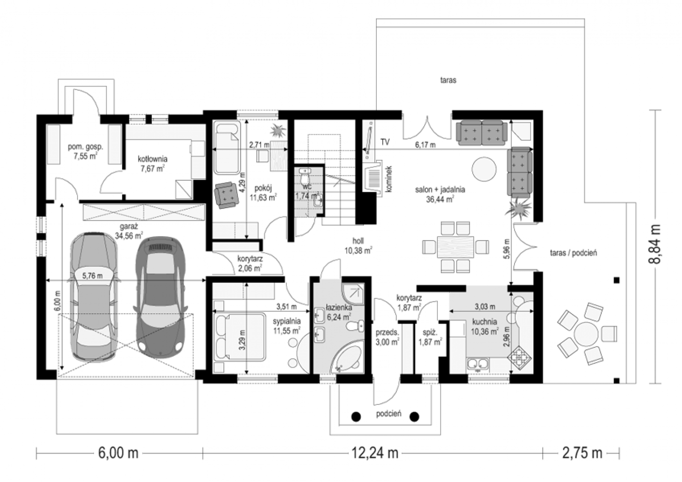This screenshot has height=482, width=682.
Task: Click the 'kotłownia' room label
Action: (152, 159)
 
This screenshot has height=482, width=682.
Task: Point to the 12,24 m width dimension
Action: (375, 453)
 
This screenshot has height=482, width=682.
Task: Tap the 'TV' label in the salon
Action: (385, 142)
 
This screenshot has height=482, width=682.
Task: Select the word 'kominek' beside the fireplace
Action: (389, 179)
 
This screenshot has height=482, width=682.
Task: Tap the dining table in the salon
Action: (456, 247)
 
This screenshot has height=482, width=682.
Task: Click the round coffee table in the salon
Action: (484, 169)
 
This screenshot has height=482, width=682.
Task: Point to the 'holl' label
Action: (358, 241)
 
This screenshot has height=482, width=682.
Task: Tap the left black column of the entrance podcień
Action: (356, 416)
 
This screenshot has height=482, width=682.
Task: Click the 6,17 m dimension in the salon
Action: (425, 145)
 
